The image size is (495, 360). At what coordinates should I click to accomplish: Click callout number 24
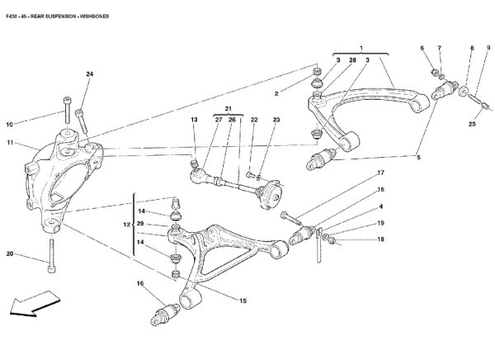pos(88,76)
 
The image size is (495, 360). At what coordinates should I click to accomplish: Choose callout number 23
pos(276,121)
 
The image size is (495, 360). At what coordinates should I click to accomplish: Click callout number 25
pos(473,125)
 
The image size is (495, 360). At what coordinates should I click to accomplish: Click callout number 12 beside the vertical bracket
pos(126,225)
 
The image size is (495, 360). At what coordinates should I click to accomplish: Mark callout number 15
pos(243,301)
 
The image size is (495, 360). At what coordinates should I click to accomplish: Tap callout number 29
pos(141,225)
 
